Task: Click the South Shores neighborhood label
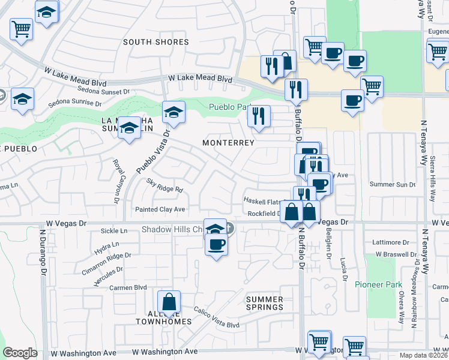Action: pyautogui.click(x=156, y=42)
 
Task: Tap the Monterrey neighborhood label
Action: pyautogui.click(x=228, y=143)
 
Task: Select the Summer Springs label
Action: pyautogui.click(x=265, y=303)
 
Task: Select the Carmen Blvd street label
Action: pyautogui.click(x=128, y=287)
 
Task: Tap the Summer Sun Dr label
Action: pyautogui.click(x=393, y=184)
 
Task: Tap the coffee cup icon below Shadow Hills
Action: pyautogui.click(x=216, y=244)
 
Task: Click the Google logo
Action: pyautogui.click(x=20, y=353)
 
